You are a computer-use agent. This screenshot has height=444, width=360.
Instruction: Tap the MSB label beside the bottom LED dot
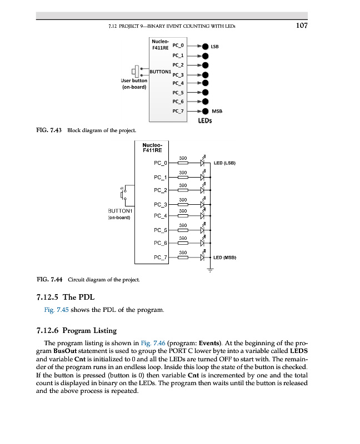click(217, 111)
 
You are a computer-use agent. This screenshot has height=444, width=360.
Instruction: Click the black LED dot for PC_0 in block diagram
click(205, 47)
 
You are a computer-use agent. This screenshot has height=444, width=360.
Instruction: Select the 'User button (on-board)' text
click(134, 84)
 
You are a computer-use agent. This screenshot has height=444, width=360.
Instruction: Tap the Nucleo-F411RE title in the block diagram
click(161, 44)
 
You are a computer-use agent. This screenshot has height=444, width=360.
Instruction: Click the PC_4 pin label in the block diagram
click(179, 83)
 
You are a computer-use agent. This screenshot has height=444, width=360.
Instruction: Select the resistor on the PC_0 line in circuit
click(183, 163)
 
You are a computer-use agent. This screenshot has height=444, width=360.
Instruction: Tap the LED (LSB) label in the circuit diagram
click(225, 163)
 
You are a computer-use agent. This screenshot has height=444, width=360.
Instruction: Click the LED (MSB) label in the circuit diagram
click(226, 258)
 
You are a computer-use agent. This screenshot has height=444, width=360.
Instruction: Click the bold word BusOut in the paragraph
click(65, 352)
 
